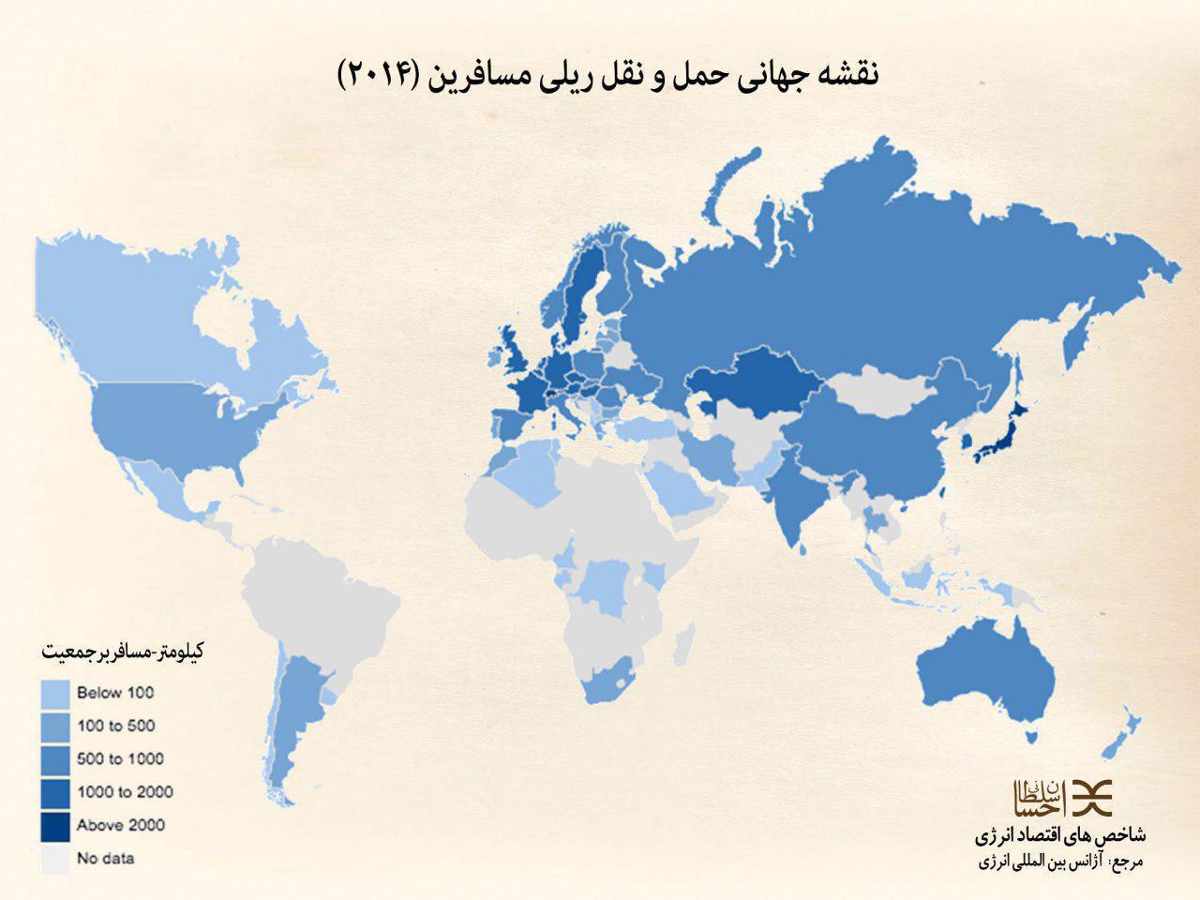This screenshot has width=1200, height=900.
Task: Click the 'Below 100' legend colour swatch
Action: [x=55, y=694]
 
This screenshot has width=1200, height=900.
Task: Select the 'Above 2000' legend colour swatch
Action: [x=55, y=826]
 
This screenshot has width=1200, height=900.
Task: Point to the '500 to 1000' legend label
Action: [x=120, y=758]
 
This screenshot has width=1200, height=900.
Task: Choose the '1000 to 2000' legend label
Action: [x=125, y=792]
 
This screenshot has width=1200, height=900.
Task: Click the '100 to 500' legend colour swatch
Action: [x=55, y=727]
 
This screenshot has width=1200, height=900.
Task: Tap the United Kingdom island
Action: [x=516, y=361]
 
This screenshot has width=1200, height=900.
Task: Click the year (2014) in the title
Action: [x=376, y=74]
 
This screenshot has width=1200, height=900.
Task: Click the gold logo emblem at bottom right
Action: [x=1059, y=797]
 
